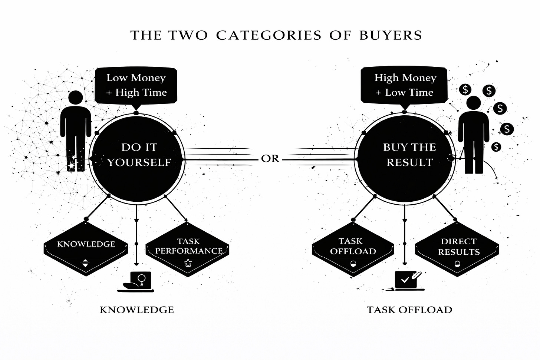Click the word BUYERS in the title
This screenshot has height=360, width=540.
coord(391,35)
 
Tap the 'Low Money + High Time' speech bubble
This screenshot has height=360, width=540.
coord(136,85)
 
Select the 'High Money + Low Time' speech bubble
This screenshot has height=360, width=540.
coord(404,85)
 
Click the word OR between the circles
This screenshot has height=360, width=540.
coord(270,159)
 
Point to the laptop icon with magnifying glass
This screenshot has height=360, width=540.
coord(137,281)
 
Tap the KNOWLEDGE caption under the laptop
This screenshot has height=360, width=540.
coord(137,310)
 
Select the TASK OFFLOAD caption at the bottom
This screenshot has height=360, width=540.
coord(409,310)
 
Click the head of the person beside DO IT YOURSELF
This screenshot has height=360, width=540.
coord(76,98)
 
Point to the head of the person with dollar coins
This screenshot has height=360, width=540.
coord(474,103)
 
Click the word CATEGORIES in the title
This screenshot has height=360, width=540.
coord(269,35)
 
